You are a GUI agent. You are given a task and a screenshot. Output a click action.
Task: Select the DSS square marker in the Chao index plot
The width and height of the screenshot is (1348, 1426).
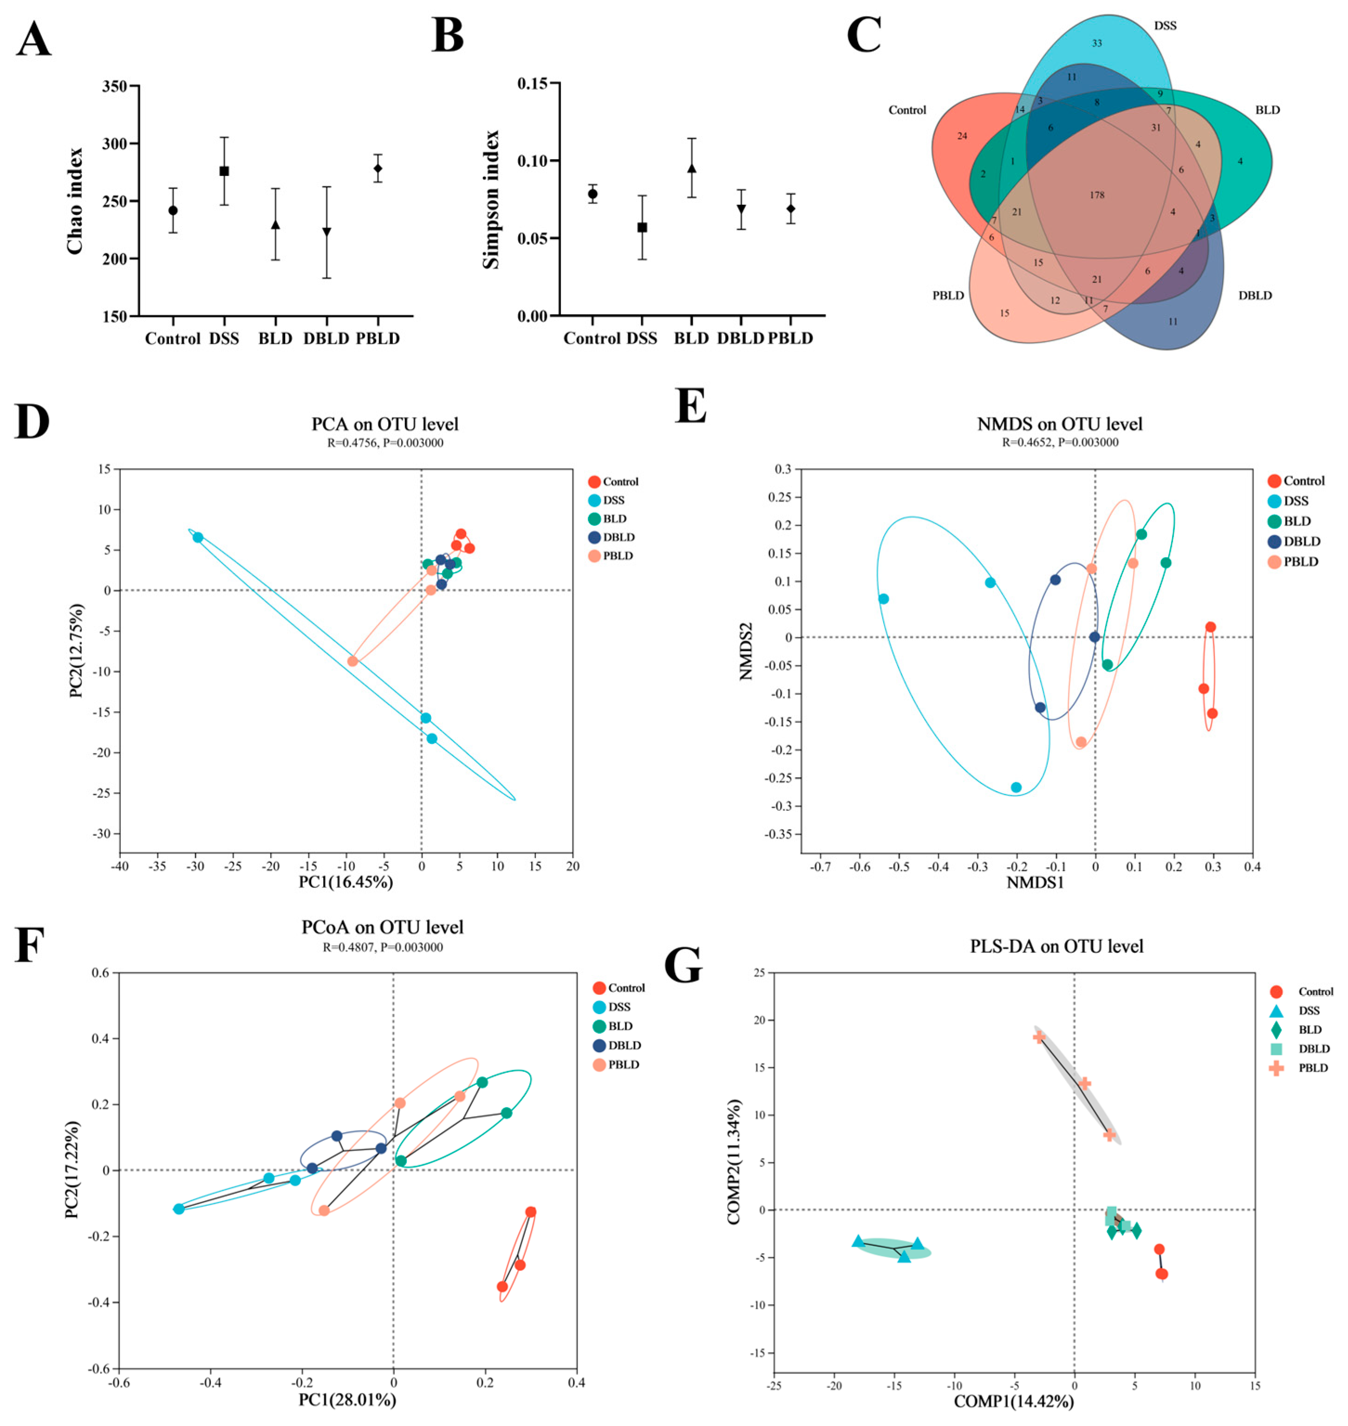224,171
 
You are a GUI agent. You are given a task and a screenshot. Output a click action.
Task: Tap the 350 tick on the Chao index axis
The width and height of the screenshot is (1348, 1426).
115,86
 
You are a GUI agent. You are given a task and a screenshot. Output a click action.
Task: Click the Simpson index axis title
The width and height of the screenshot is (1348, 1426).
491,200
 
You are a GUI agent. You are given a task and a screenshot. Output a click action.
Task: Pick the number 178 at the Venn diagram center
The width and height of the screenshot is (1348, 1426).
1096,195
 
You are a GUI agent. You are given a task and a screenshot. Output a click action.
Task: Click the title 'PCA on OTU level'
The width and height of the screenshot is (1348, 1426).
385,424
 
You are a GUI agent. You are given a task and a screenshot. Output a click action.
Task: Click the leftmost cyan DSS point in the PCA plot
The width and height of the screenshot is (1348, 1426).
198,537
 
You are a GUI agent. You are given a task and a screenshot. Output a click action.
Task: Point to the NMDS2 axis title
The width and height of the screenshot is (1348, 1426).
745,651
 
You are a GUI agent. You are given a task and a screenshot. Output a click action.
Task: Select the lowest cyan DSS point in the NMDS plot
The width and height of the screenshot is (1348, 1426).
1016,788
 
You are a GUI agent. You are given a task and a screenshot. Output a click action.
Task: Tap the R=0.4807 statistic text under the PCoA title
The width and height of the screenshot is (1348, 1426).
383,947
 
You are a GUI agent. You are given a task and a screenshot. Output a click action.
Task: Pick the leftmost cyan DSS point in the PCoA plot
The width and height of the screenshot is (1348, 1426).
179,1209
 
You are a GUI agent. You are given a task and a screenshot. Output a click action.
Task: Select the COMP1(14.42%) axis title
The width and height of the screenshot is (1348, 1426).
1014,1401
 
